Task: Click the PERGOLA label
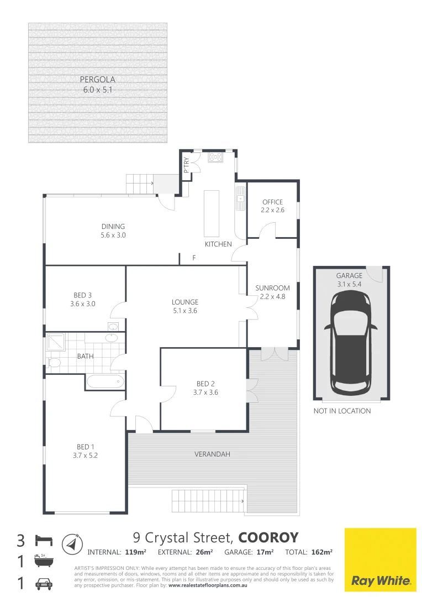(x=97, y=79)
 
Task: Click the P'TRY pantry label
(x=186, y=165)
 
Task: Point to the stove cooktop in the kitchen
(x=214, y=158)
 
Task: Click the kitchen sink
(x=240, y=197)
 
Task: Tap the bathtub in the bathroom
(x=105, y=381)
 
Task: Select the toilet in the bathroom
(x=54, y=363)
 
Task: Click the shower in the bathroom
(x=55, y=343)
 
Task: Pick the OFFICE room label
(x=272, y=202)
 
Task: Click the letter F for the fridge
(x=194, y=258)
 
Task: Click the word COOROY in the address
(x=268, y=538)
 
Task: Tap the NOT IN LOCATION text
(x=342, y=411)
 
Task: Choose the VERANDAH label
(x=212, y=454)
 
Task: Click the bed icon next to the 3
(x=44, y=539)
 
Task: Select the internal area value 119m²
(x=135, y=552)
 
